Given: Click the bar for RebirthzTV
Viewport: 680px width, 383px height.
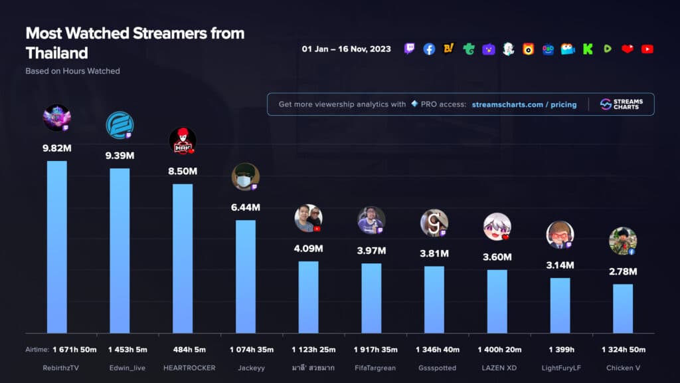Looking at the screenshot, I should point(56,247).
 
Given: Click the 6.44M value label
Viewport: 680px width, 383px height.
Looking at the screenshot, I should point(246,207).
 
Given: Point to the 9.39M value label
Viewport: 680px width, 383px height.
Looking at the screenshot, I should point(120,156).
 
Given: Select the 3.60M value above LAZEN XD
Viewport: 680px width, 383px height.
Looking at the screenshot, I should point(497,257).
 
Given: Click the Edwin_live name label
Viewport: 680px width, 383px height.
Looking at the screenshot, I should point(120,367).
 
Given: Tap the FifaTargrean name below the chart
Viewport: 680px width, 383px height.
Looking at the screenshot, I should point(371,367).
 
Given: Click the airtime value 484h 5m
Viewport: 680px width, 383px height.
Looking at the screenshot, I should point(183,350).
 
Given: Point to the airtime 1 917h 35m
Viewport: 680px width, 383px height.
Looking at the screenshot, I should point(371,350).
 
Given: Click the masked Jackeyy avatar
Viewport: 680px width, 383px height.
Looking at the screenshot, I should point(245,177).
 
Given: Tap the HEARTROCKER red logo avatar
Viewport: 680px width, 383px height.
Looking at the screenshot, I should point(183,140).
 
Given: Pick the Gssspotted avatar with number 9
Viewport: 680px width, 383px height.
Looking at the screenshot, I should point(434,223).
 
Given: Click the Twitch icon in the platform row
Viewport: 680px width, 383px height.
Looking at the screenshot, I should point(410,49).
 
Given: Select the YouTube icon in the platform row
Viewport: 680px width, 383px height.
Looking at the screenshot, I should point(647,49).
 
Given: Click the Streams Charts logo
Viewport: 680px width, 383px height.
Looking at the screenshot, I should point(622,104).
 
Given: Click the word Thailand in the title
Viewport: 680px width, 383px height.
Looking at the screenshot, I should point(56,53).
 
